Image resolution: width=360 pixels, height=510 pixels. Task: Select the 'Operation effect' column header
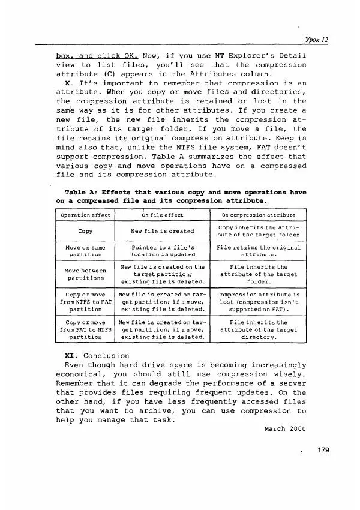[x=85, y=215]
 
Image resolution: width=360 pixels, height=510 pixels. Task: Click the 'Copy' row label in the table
[x=85, y=230]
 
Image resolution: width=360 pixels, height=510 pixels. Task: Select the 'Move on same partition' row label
[x=85, y=251]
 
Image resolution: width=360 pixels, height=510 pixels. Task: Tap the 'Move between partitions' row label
[x=85, y=274]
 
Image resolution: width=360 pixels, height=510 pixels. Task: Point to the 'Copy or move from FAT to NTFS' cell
[x=85, y=330]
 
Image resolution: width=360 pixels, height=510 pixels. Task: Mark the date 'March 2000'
[x=285, y=430]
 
